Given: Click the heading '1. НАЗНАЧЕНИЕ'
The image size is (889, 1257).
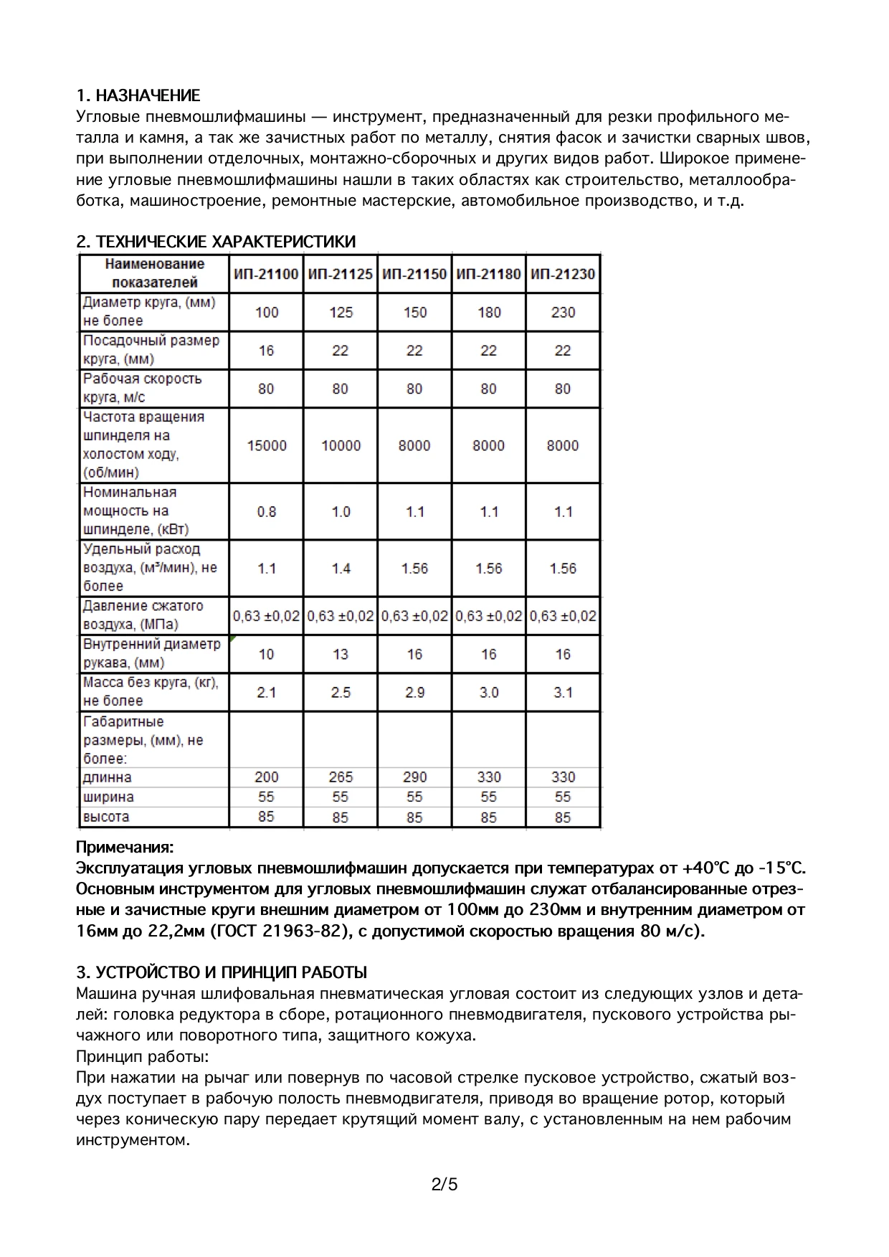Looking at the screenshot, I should coord(138,95).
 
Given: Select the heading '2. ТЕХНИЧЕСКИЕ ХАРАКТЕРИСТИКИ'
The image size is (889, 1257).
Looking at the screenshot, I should coord(216,242).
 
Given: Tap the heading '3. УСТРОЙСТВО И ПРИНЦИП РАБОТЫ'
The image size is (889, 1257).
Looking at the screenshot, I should coord(222,972).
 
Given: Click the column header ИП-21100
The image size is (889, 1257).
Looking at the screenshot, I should coord(266,274).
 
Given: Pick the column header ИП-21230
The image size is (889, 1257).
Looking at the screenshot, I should coord(563,274).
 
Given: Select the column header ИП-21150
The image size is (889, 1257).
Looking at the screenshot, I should coord(414,274).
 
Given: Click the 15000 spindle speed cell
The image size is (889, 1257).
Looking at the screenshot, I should coord(267,446).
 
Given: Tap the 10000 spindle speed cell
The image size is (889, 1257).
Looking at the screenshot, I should coord(341,446).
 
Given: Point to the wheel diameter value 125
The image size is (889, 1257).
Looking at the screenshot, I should coord(341,313).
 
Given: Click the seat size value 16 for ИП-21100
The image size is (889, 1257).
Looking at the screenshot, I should coord(267,351).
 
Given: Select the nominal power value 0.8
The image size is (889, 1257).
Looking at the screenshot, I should coord(267,512).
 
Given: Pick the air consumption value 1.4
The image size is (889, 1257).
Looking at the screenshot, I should coord(341,569).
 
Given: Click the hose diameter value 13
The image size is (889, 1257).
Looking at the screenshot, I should coord(341,654).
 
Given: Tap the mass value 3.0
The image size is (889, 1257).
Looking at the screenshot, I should coord(489,693).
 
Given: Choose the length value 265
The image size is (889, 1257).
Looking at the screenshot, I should coord(341,777).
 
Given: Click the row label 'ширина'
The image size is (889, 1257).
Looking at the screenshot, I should coord(108,797).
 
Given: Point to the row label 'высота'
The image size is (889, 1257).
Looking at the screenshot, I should coord(106,817).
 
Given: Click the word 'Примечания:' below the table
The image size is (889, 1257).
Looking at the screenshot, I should coord(125,848).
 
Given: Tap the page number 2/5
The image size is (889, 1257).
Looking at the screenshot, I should coord(444,1184).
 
